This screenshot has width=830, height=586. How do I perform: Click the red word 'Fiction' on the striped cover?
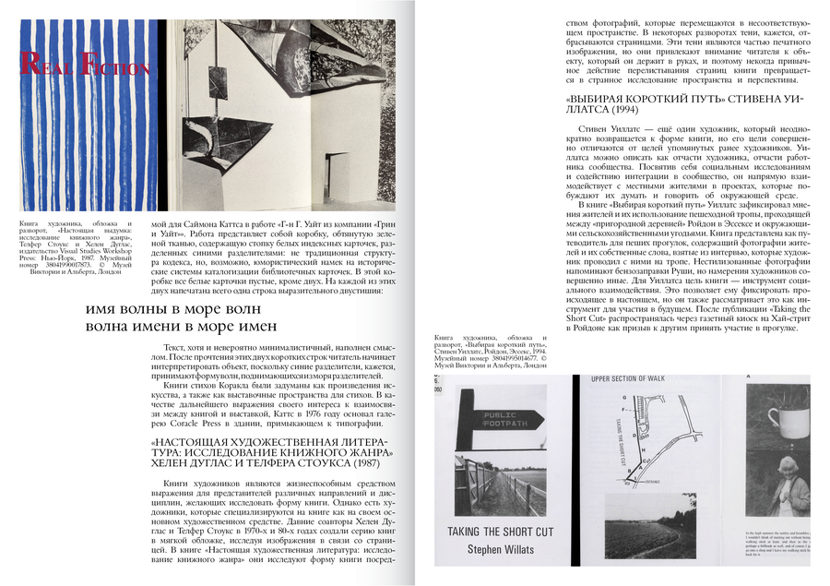click(114, 67)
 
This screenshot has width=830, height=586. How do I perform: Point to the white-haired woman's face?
click(795, 489)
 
